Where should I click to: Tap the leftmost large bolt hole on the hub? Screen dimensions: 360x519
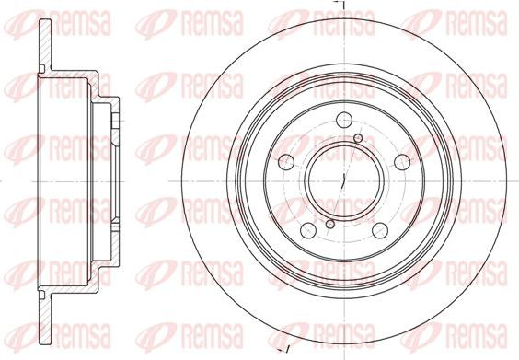click(284, 161)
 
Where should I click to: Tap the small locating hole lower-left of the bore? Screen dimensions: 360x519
click(329, 222)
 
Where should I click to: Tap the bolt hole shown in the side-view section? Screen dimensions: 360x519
click(112, 120)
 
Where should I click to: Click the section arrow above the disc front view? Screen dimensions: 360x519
click(338, 6)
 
